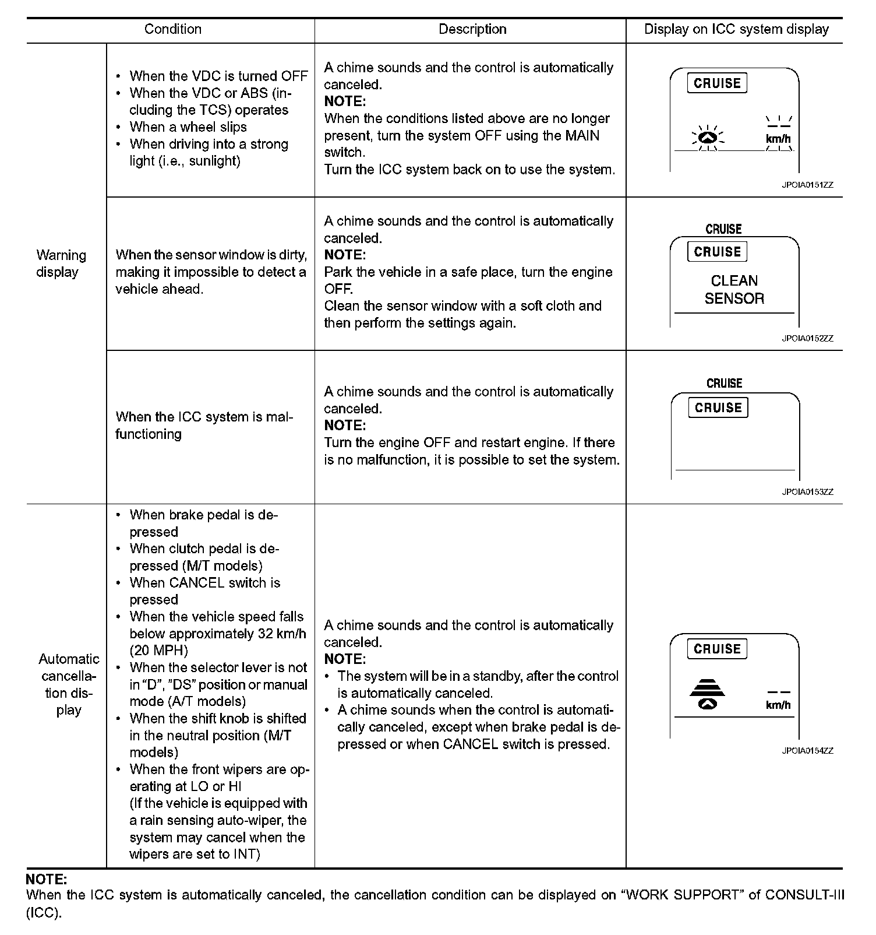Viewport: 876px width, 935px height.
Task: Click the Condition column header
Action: pyautogui.click(x=172, y=29)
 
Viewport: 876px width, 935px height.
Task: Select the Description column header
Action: pyautogui.click(x=472, y=29)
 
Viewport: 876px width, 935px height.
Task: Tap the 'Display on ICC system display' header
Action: pyautogui.click(x=736, y=29)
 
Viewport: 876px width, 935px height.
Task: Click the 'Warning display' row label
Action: pyautogui.click(x=61, y=263)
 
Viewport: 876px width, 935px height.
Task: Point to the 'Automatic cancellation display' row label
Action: pyautogui.click(x=69, y=684)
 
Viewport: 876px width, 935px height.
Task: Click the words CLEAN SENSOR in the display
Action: pyautogui.click(x=734, y=290)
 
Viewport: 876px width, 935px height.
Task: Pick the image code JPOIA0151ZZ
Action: pyautogui.click(x=807, y=185)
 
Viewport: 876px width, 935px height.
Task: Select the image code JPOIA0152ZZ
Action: pyautogui.click(x=807, y=338)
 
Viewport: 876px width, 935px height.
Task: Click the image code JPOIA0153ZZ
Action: pyautogui.click(x=807, y=492)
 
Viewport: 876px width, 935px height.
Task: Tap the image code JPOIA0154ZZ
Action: pyautogui.click(x=807, y=751)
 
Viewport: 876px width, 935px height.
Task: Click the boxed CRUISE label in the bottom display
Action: pyautogui.click(x=717, y=649)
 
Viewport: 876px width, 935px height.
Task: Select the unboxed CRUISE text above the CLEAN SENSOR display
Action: pyautogui.click(x=723, y=229)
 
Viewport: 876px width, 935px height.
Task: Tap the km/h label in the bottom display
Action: pyautogui.click(x=778, y=705)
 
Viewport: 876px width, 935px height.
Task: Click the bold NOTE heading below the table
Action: pyautogui.click(x=47, y=878)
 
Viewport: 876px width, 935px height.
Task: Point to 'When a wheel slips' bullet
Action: pyautogui.click(x=188, y=127)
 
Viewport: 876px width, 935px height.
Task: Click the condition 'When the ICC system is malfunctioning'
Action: pyautogui.click(x=204, y=426)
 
